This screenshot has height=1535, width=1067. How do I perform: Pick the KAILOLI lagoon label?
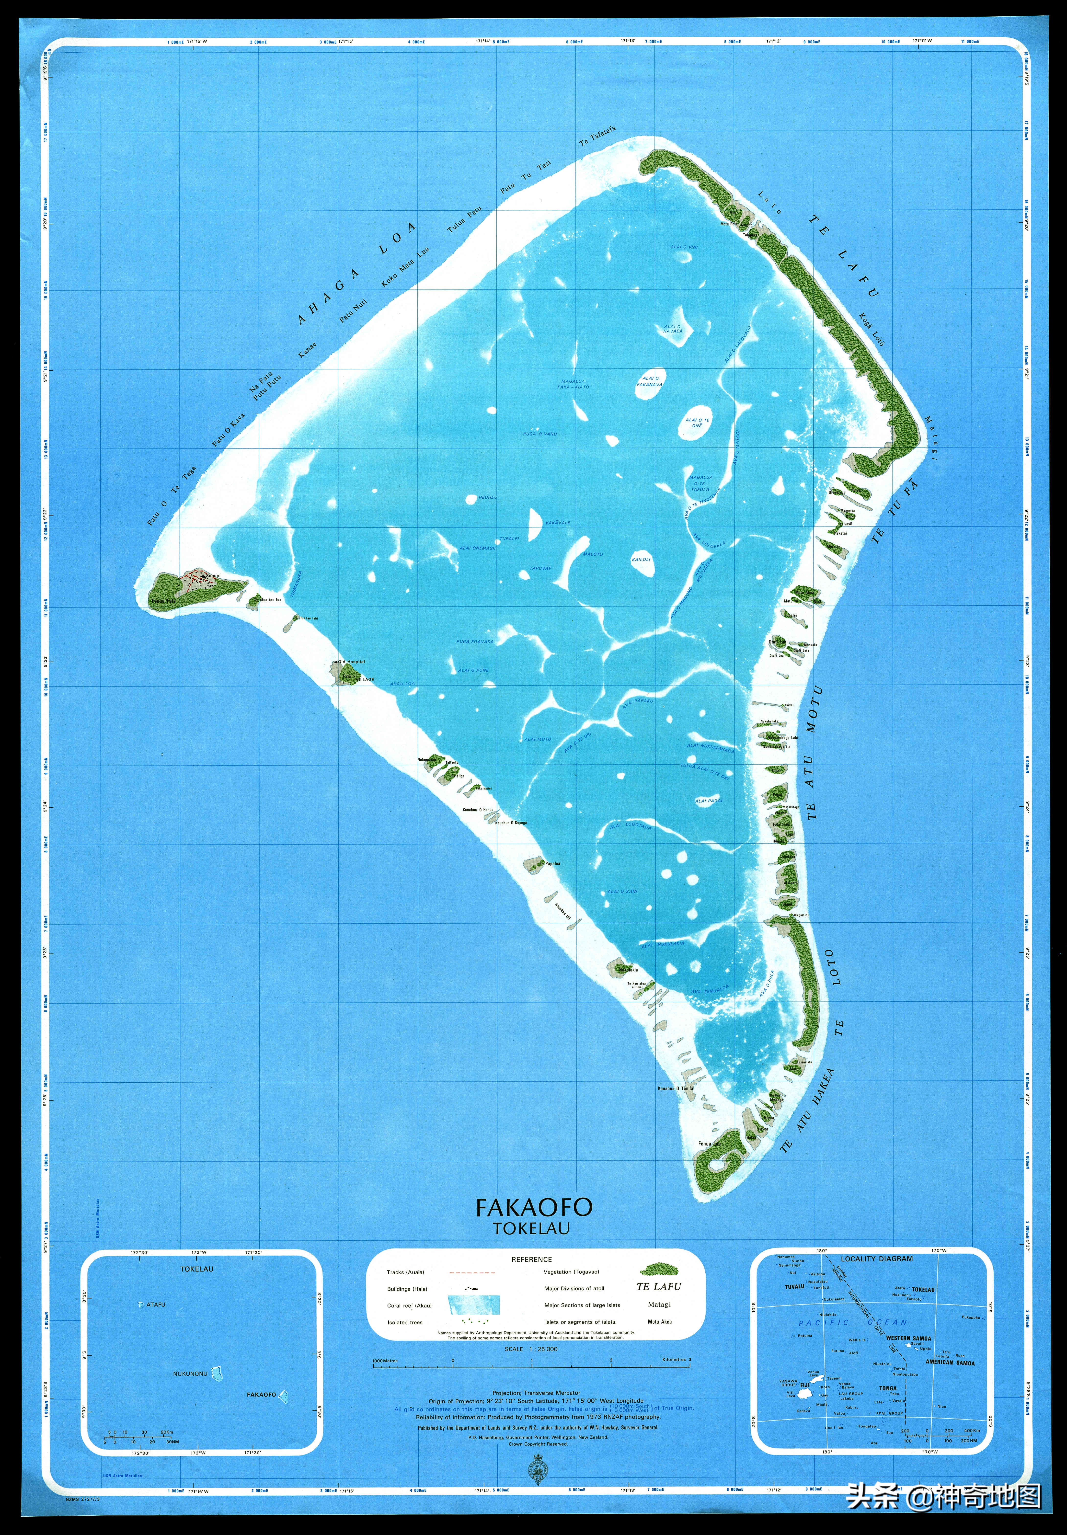pos(641,559)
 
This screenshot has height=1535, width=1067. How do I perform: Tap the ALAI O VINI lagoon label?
pos(684,247)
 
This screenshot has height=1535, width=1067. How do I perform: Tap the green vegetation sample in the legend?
pos(659,1270)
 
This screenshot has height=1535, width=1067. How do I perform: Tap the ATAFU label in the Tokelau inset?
pos(155,1304)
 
